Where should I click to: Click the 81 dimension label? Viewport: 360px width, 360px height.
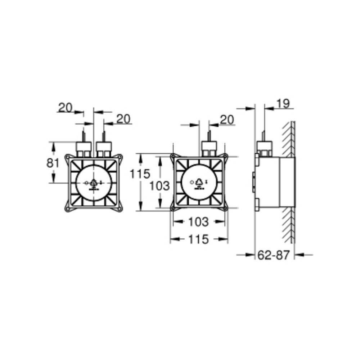point(53,163)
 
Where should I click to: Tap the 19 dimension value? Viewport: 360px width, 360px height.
point(283,104)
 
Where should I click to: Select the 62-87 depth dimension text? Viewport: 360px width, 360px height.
point(274,255)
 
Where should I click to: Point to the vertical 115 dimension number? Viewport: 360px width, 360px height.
point(140,174)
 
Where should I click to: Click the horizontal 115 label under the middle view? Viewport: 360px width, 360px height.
point(198,239)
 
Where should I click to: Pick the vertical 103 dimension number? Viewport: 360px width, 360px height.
point(159,186)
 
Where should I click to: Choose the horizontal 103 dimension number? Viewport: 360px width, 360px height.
point(198,222)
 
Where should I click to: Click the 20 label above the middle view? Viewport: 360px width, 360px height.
point(226,120)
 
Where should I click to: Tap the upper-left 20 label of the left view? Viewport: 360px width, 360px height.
point(65,108)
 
